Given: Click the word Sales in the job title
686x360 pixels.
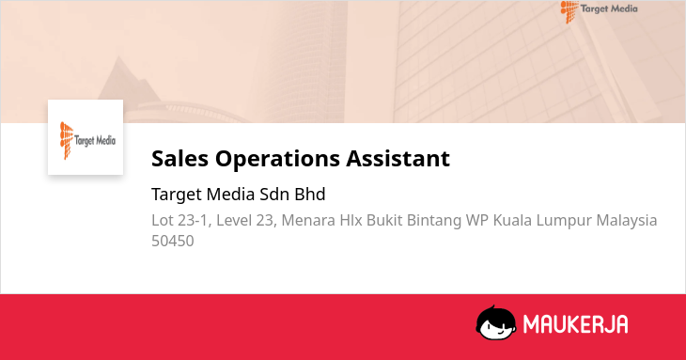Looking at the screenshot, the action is [x=179, y=158].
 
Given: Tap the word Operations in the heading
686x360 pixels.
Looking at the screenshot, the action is [x=277, y=159].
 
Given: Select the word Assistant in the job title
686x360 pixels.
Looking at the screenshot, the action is [x=398, y=158].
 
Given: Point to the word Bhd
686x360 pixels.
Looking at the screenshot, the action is [x=310, y=195].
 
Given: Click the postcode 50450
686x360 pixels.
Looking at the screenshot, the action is [x=172, y=241].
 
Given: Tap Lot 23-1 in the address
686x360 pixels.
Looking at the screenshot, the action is [x=181, y=221].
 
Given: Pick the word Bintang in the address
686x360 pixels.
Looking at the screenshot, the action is [x=434, y=221].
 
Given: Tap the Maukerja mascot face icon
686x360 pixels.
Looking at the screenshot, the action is [x=495, y=322].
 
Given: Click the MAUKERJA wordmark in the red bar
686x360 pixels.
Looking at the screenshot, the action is [x=576, y=324].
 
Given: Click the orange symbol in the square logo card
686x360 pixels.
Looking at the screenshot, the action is [x=66, y=140].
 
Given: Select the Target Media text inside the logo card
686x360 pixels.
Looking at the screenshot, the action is [x=95, y=140].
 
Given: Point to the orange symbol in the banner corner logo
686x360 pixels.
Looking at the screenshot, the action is [x=569, y=11].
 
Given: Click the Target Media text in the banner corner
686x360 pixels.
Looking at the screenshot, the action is [x=609, y=8].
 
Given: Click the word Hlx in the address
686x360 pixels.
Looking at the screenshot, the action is [x=351, y=221].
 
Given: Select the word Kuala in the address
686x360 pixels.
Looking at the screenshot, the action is [x=512, y=221].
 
